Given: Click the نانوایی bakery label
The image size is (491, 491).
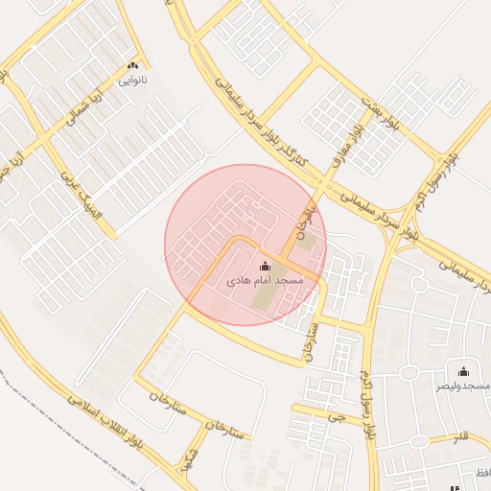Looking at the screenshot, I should click(x=132, y=81).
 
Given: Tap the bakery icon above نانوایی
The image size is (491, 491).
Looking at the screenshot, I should click(x=132, y=65).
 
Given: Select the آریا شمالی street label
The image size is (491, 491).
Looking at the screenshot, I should click(x=82, y=113).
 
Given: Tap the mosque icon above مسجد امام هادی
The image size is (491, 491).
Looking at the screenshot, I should click(x=265, y=266).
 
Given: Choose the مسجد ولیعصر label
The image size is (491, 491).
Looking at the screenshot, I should click(x=464, y=386).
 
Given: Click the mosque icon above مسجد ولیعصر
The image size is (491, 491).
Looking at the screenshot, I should click(x=464, y=371).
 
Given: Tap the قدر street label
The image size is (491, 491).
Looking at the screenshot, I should click(x=462, y=439).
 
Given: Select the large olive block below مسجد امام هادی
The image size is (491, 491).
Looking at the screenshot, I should click(x=261, y=298).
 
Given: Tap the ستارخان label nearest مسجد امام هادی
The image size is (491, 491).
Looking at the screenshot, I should click(x=310, y=347).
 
